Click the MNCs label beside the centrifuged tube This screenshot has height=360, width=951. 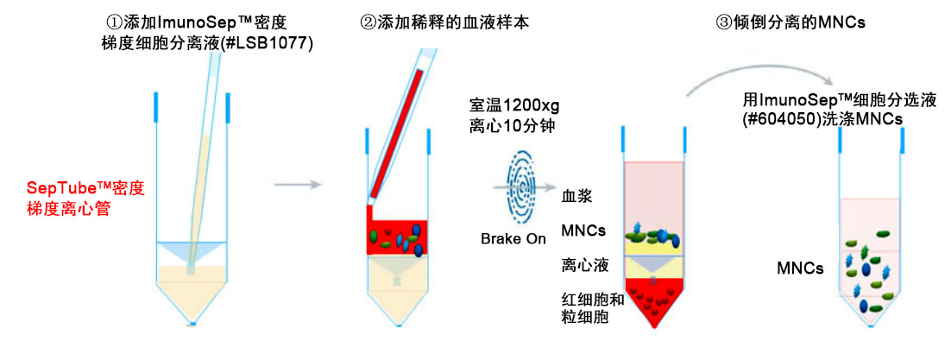584,231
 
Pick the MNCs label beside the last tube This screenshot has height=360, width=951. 800,268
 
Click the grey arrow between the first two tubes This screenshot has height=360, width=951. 297,184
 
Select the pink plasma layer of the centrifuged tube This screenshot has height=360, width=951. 654,196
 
